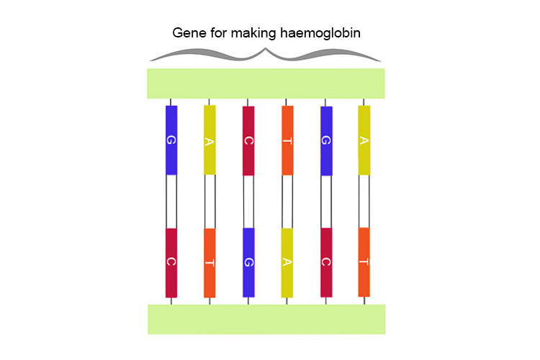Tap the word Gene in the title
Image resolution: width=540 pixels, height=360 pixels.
(x=188, y=33)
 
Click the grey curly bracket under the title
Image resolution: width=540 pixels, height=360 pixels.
(x=266, y=55)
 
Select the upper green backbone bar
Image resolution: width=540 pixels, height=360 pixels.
(x=266, y=84)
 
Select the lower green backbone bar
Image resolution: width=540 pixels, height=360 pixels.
(x=266, y=319)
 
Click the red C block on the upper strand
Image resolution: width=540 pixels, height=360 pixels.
(x=248, y=140)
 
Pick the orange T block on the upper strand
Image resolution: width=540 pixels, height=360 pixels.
(x=287, y=140)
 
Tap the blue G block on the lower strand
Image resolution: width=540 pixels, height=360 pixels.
(x=248, y=262)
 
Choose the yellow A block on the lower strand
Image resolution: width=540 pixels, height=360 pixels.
(x=287, y=262)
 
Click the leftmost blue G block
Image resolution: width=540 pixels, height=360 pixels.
(x=171, y=140)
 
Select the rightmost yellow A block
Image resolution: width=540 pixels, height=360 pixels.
(x=364, y=140)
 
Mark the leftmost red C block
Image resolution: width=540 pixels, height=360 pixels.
(x=171, y=262)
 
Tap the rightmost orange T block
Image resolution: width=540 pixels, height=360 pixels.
(x=364, y=262)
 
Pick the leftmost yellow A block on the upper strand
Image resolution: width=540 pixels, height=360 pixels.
(x=210, y=140)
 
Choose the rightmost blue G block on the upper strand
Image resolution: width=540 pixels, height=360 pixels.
(x=326, y=140)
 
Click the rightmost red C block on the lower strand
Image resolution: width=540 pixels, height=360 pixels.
(x=326, y=262)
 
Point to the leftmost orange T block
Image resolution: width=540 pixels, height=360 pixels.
(x=210, y=262)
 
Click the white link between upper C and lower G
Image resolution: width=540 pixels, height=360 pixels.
(x=248, y=201)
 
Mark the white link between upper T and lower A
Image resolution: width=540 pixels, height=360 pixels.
(x=287, y=201)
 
